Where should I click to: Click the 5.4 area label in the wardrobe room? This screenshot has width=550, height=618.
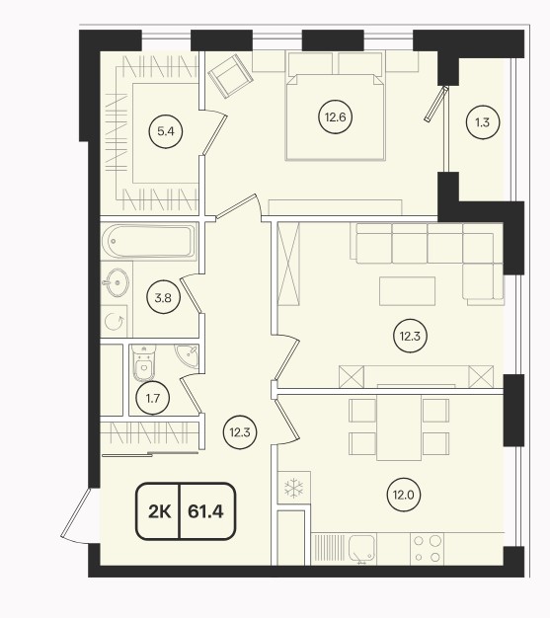pos(166,131)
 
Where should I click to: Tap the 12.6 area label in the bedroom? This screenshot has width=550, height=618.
pos(335,117)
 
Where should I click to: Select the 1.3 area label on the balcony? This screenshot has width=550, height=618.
pos(482,122)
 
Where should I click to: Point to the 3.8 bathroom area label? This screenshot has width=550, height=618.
pos(163,298)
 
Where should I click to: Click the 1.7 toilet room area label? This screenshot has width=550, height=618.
pos(153,399)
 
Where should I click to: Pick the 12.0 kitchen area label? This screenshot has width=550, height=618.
pos(404,495)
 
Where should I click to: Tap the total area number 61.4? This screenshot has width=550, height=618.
pos(205,511)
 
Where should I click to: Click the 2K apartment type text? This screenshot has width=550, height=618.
pos(160,511)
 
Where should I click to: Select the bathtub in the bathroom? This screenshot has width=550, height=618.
pos(149,241)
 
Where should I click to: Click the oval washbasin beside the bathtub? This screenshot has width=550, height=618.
pos(116,282)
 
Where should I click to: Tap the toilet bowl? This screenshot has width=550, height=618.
pos(143,363)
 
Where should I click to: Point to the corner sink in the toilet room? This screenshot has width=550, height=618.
pos(188,356)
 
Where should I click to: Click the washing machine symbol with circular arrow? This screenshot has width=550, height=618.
pos(115,322)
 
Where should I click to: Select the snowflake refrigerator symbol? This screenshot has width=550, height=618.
pos(294,488)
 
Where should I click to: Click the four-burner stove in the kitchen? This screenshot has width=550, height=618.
pos(428,549)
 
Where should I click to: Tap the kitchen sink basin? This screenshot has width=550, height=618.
pos(362,549)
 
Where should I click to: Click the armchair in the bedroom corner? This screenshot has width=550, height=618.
pos(230,76)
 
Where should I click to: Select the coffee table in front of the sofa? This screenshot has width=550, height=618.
pos(407,291)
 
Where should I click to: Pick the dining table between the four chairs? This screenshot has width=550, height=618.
pos(399,427)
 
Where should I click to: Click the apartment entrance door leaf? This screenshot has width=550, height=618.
pos(76,512)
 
